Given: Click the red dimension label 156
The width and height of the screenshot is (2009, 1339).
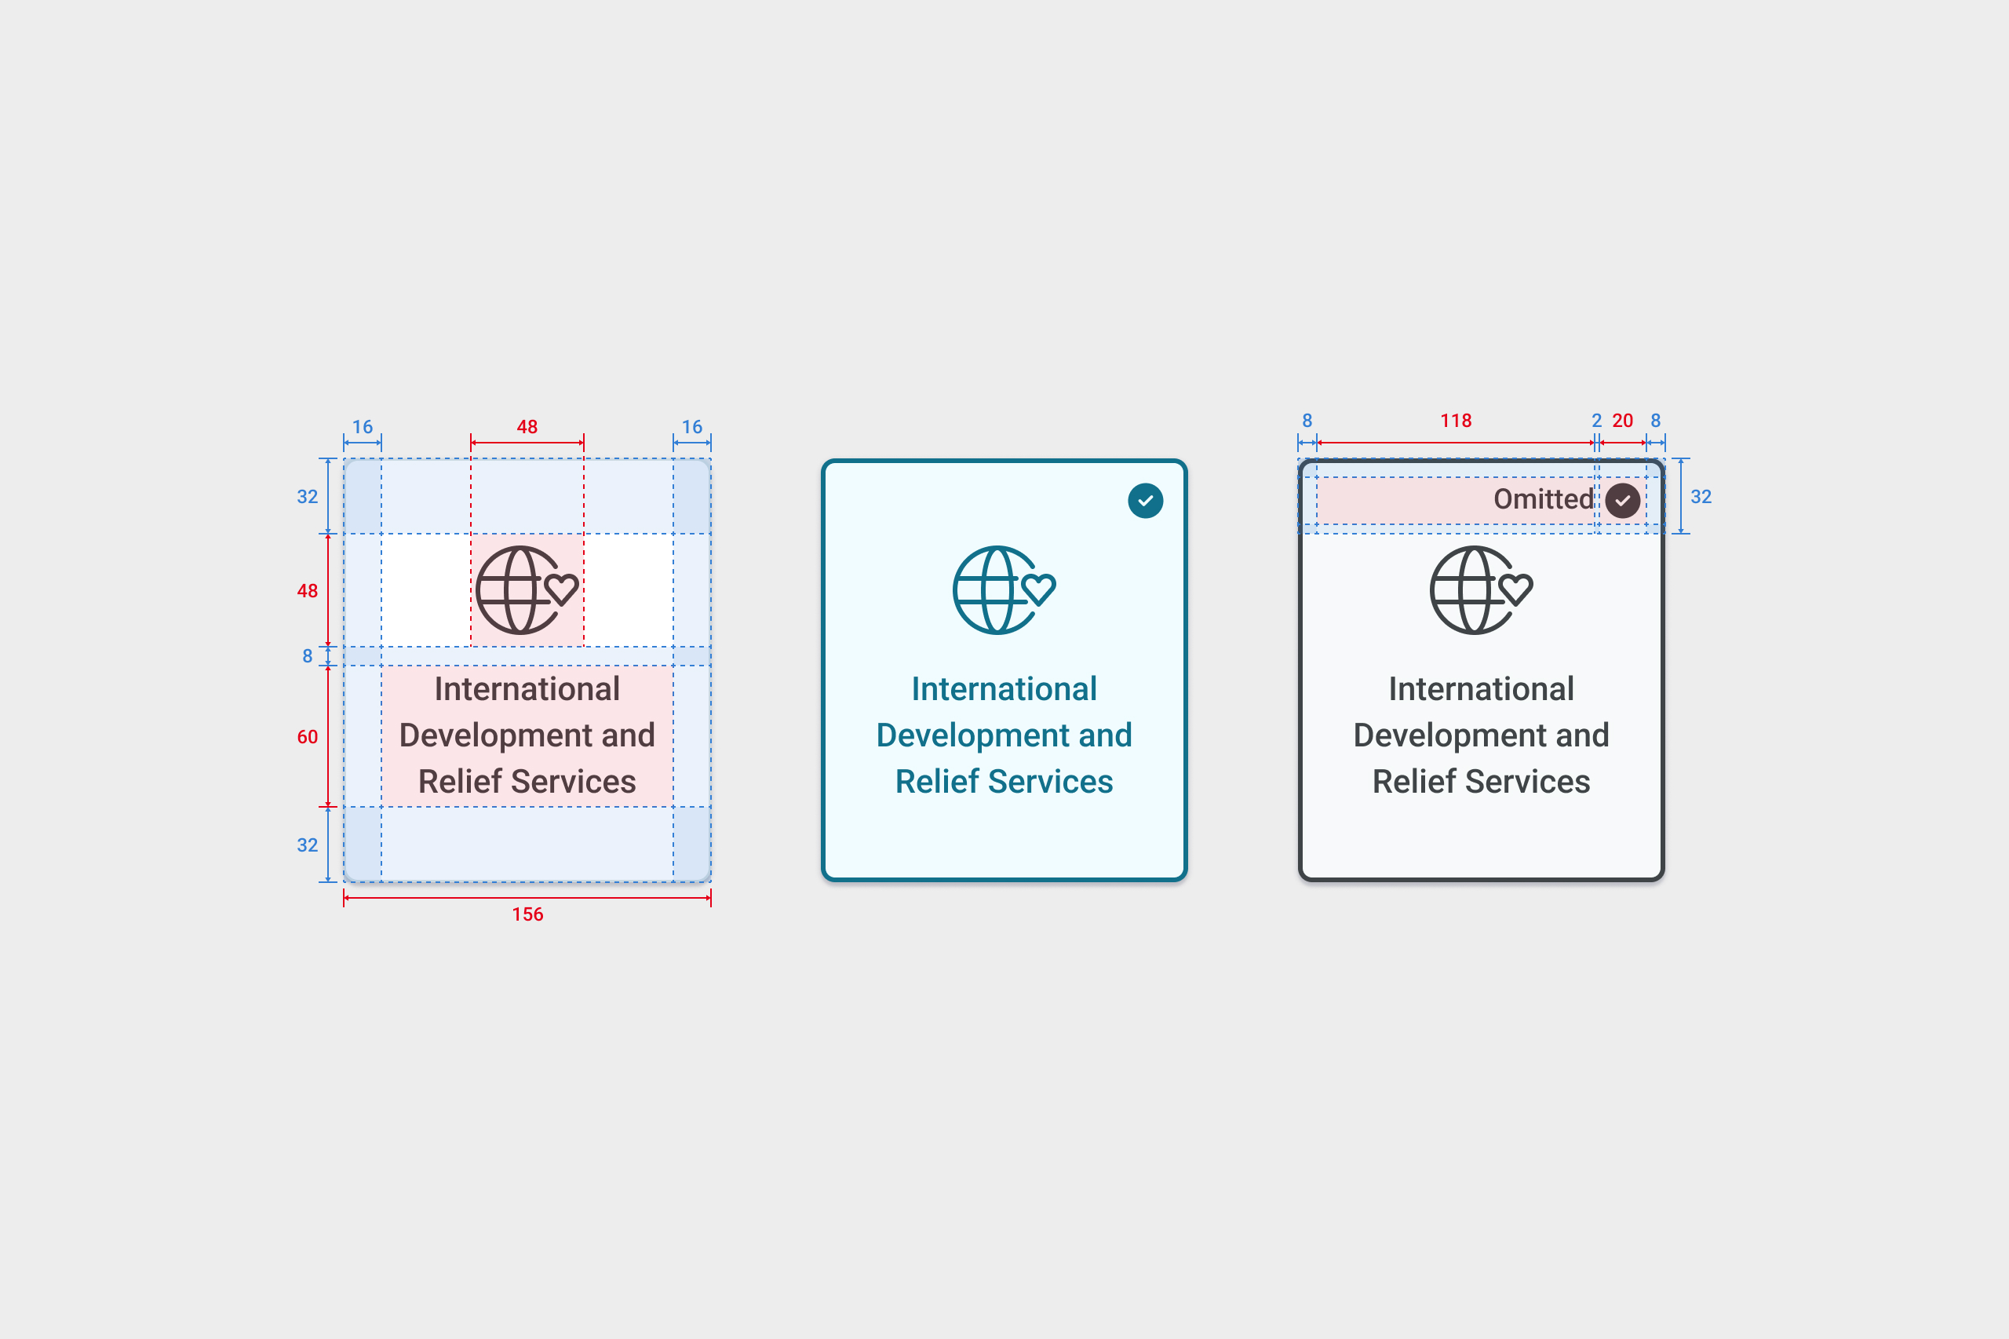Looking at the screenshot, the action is pyautogui.click(x=527, y=914).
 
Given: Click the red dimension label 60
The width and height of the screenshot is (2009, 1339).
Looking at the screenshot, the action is pyautogui.click(x=308, y=737).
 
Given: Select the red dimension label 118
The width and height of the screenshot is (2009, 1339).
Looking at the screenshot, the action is pyautogui.click(x=1456, y=420).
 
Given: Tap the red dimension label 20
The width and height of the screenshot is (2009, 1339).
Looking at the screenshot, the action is pyautogui.click(x=1622, y=420).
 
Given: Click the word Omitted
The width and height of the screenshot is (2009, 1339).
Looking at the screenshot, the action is pyautogui.click(x=1543, y=498).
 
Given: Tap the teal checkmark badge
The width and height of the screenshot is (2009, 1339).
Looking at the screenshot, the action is pyautogui.click(x=1145, y=501).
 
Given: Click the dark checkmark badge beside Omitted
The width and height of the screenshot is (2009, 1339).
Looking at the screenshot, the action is pyautogui.click(x=1622, y=501).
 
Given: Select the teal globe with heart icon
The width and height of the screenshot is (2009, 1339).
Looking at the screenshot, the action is pyautogui.click(x=1004, y=590).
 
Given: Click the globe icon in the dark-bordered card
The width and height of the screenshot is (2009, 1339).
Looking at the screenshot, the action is pyautogui.click(x=1482, y=590).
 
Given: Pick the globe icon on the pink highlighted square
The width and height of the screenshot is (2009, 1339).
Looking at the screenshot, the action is pyautogui.click(x=527, y=590).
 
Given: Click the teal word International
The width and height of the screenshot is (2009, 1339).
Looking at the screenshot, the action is pyautogui.click(x=1004, y=689).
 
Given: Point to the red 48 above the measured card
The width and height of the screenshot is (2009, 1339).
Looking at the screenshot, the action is pyautogui.click(x=527, y=427).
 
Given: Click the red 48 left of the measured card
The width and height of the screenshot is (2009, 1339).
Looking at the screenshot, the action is pyautogui.click(x=308, y=591).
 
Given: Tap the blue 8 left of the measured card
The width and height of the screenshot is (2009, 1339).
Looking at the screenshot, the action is pyautogui.click(x=308, y=656).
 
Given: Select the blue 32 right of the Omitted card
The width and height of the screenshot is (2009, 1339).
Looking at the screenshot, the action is pyautogui.click(x=1701, y=497).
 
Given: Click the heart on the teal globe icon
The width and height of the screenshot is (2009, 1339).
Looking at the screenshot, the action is pyautogui.click(x=1039, y=589).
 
